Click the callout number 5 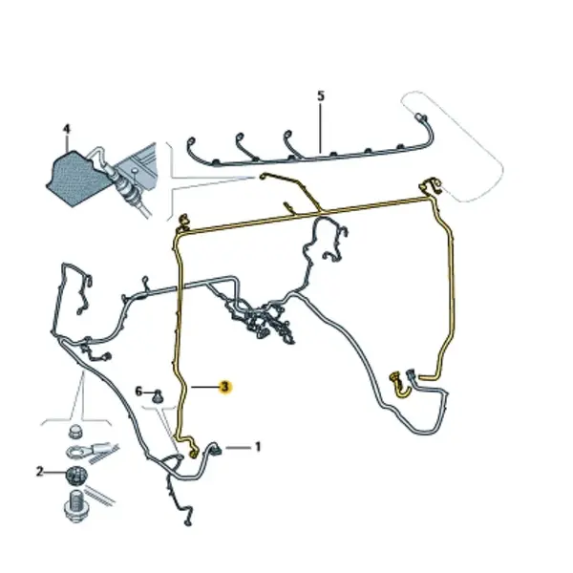point(321,96)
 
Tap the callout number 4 point(67,129)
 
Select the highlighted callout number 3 point(224,387)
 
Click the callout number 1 point(258,447)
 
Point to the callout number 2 point(40,472)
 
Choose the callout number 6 point(138,392)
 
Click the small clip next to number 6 point(158,396)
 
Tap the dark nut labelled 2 point(76,476)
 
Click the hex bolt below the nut point(75,506)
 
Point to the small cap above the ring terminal point(75,432)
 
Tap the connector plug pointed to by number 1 point(215,449)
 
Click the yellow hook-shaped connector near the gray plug point(401,386)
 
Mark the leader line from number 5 point(321,128)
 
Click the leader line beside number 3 point(204,387)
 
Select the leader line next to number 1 point(238,447)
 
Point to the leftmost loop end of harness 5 point(191,141)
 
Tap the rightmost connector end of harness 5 point(421,117)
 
